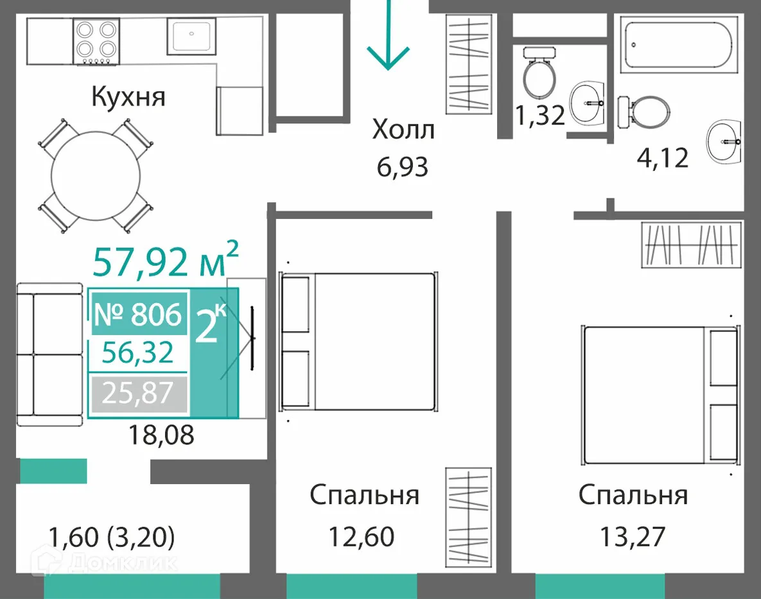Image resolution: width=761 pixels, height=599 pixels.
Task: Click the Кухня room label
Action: tap(128, 97)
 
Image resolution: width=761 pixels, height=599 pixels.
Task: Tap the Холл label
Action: tap(403, 130)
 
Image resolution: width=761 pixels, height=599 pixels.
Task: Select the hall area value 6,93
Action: tap(403, 168)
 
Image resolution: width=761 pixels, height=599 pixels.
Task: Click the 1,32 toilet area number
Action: tap(540, 116)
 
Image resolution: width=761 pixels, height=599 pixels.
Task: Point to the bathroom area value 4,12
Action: tap(663, 158)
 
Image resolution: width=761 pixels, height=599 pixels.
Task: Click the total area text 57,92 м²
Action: tap(166, 261)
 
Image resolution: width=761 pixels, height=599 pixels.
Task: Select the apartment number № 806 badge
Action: tap(138, 314)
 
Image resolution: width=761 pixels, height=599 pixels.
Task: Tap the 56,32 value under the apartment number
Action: tap(137, 352)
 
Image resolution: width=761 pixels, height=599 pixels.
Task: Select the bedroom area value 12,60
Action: tap(361, 537)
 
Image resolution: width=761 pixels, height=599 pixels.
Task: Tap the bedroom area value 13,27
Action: tap(633, 537)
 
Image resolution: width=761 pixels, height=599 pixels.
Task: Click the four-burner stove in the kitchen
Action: tap(96, 41)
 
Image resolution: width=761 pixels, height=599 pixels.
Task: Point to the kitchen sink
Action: tap(191, 37)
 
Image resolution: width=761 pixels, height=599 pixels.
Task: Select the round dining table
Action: tap(96, 175)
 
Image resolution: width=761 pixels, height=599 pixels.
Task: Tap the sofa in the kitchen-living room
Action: tap(49, 354)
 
